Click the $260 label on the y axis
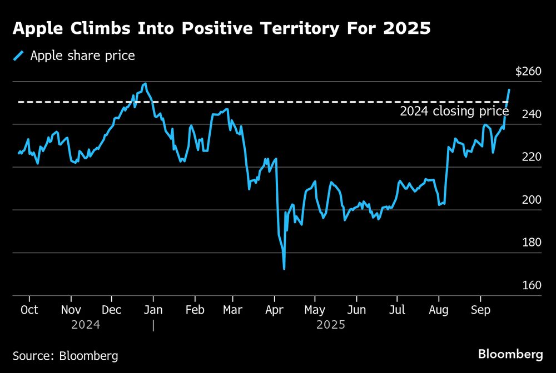click(x=528, y=72)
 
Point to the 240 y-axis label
click(x=531, y=114)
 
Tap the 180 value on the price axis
click(x=531, y=243)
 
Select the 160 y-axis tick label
click(x=531, y=285)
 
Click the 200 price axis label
click(x=531, y=200)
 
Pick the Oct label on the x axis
click(x=29, y=310)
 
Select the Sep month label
click(x=481, y=310)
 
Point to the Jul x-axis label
click(x=397, y=310)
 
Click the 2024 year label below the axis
click(x=86, y=325)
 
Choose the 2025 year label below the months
click(x=330, y=325)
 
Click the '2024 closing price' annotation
click(x=454, y=112)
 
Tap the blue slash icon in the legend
click(x=20, y=56)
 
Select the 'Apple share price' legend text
click(x=82, y=56)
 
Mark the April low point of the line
click(x=284, y=269)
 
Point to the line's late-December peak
click(x=145, y=84)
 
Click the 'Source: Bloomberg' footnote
click(x=65, y=355)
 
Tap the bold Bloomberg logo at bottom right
click(x=510, y=354)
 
